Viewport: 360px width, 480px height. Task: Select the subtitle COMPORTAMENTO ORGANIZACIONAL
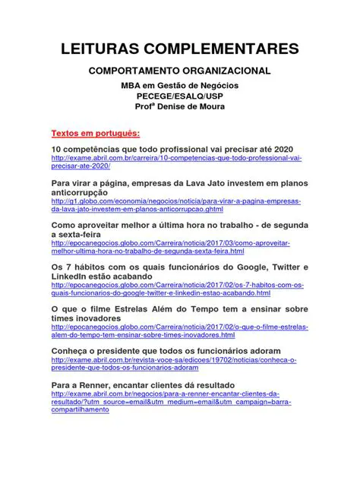[179, 71]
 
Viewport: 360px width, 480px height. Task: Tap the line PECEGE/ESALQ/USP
[179, 96]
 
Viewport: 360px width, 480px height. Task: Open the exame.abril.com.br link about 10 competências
[176, 162]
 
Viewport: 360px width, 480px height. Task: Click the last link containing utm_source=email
[171, 402]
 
